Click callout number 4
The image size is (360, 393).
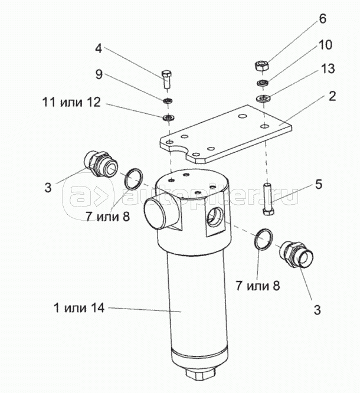99,48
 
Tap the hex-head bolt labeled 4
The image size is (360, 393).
166,79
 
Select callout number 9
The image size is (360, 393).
99,74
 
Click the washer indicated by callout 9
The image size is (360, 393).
167,101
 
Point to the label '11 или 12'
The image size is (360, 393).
71,102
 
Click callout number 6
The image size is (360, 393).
323,18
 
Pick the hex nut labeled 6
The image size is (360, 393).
262,66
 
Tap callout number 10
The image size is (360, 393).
325,45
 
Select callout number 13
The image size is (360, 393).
328,68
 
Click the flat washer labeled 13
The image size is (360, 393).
263,98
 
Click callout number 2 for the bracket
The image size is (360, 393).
332,96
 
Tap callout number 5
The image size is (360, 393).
318,184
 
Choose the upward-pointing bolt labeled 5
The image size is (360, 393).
269,199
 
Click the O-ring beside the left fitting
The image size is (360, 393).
134,179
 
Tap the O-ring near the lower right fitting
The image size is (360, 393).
263,240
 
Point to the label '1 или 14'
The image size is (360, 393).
79,307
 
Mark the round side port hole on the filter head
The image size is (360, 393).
215,217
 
